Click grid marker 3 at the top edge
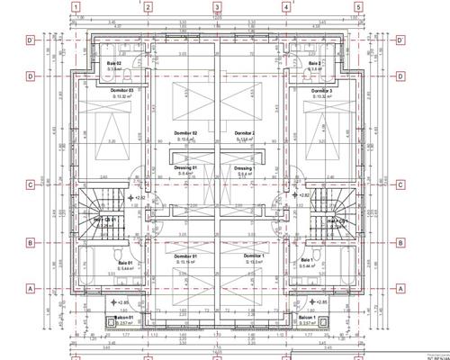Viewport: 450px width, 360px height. point(217,7)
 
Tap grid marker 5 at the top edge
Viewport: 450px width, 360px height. point(357,7)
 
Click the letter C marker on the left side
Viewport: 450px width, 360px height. point(31,185)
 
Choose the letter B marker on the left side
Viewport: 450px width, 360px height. point(31,243)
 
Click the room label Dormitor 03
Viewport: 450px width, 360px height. point(121,91)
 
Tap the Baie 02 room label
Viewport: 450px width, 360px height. point(114,63)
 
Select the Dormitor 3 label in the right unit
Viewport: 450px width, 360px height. point(321,91)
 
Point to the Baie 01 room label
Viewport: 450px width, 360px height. point(124,262)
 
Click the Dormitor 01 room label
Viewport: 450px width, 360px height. point(184,256)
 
